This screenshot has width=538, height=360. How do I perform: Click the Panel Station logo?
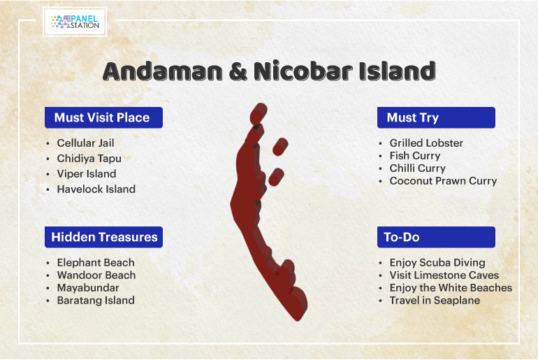pyautogui.click(x=75, y=22)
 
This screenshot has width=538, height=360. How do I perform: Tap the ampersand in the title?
pyautogui.click(x=238, y=71)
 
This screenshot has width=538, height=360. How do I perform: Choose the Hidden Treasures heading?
pyautogui.click(x=104, y=237)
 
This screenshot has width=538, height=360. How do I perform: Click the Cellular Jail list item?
pyautogui.click(x=85, y=143)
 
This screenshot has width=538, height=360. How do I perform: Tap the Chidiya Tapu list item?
pyautogui.click(x=89, y=159)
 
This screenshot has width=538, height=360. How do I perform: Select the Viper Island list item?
pyautogui.click(x=87, y=173)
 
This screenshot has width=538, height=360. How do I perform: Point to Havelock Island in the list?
pyautogui.click(x=96, y=189)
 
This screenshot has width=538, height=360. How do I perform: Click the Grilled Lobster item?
pyautogui.click(x=426, y=143)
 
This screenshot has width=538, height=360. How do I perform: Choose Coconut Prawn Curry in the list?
pyautogui.click(x=443, y=181)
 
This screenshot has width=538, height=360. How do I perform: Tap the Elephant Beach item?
pyautogui.click(x=96, y=263)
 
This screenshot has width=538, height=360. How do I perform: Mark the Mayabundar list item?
pyautogui.click(x=88, y=288)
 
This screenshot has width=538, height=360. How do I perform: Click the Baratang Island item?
pyautogui.click(x=96, y=301)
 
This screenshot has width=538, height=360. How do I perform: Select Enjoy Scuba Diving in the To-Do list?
pyautogui.click(x=437, y=263)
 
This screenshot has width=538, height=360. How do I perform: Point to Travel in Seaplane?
pyautogui.click(x=435, y=301)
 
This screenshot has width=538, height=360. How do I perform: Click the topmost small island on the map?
pyautogui.click(x=259, y=114)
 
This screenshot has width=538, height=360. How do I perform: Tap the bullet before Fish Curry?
pyautogui.click(x=380, y=156)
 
